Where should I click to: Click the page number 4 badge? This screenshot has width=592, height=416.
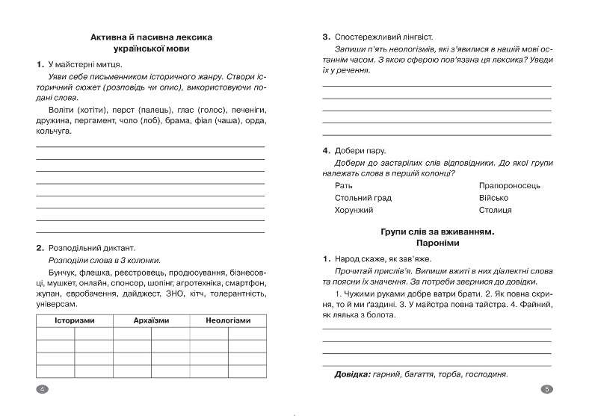click(42, 389)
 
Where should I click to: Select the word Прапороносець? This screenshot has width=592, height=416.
click(510, 185)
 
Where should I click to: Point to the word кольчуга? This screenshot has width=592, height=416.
click(54, 131)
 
